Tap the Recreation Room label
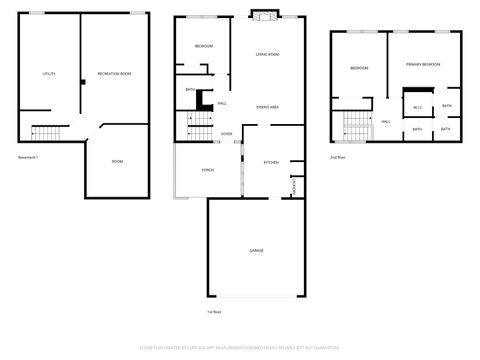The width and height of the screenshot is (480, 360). (x=116, y=75)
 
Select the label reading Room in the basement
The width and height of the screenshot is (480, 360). (x=117, y=162)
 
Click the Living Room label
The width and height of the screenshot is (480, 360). (x=267, y=54)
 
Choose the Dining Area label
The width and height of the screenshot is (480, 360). (x=267, y=106)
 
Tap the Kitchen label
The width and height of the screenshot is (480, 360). (x=270, y=162)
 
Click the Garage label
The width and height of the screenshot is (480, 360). (x=256, y=249)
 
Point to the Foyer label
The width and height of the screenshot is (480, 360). (x=227, y=133)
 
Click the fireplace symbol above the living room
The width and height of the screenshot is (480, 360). (x=263, y=15)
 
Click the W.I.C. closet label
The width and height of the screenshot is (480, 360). (x=418, y=107)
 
